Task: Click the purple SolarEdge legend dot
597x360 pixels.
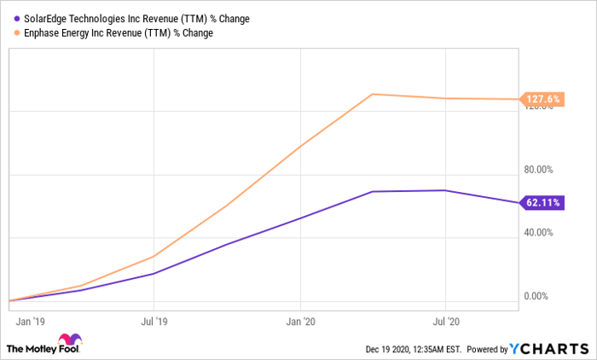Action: point(18,18)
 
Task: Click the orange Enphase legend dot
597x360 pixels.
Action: point(18,32)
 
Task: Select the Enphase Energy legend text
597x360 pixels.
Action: point(119,32)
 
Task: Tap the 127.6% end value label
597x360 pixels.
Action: point(542,100)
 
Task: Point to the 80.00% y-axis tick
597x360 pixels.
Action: point(542,169)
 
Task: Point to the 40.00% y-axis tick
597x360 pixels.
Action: point(542,233)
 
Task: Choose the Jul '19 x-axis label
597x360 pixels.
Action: point(154,323)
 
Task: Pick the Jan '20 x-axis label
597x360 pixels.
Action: point(301,323)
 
